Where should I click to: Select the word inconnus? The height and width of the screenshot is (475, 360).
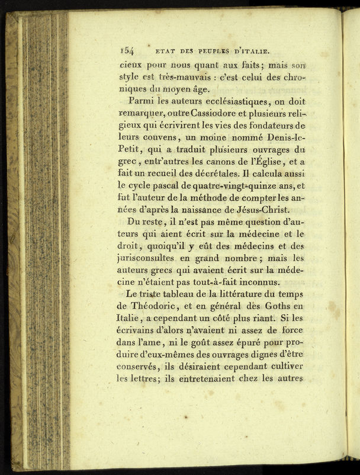(x=249, y=283)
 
